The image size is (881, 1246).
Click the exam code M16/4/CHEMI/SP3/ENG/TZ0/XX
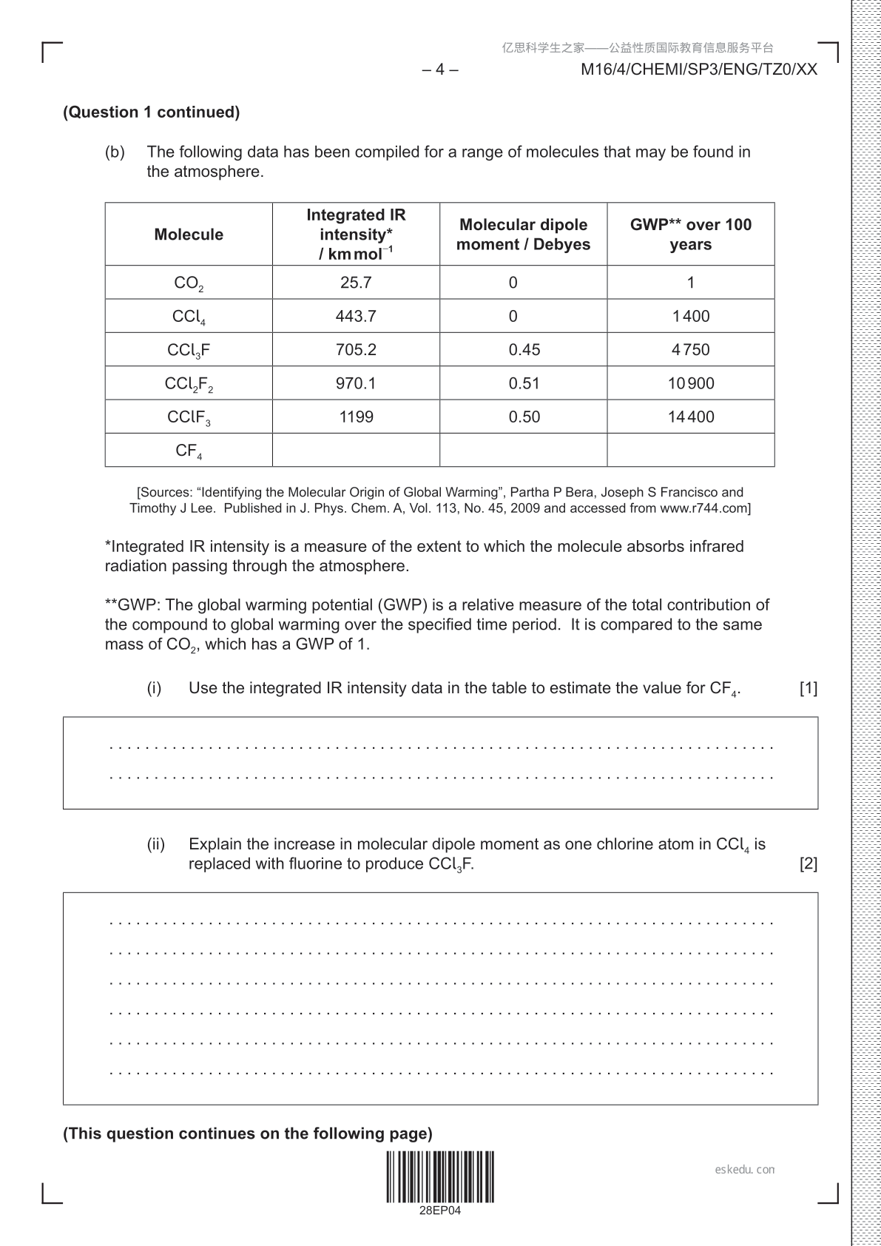point(699,70)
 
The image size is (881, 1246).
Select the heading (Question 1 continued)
point(152,112)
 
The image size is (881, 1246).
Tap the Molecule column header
point(189,235)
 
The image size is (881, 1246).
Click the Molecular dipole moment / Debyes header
point(523,235)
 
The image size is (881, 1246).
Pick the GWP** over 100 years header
point(690,235)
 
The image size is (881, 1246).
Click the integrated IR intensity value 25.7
point(356,283)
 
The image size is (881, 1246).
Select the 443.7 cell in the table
point(356,316)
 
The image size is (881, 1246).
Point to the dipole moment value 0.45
point(524,349)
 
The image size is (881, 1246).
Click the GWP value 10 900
point(690,383)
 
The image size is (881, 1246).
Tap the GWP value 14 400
point(690,417)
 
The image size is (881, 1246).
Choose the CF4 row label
point(189,451)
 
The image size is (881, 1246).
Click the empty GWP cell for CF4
point(690,450)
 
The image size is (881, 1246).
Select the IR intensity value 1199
point(356,417)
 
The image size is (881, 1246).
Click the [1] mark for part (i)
point(809,688)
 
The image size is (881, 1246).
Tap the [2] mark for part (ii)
point(809,863)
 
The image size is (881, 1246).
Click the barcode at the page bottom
point(439,1176)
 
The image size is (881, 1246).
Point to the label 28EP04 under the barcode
point(439,1210)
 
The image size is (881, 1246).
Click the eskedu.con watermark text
point(745,1170)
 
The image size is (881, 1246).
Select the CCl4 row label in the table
point(189,317)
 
